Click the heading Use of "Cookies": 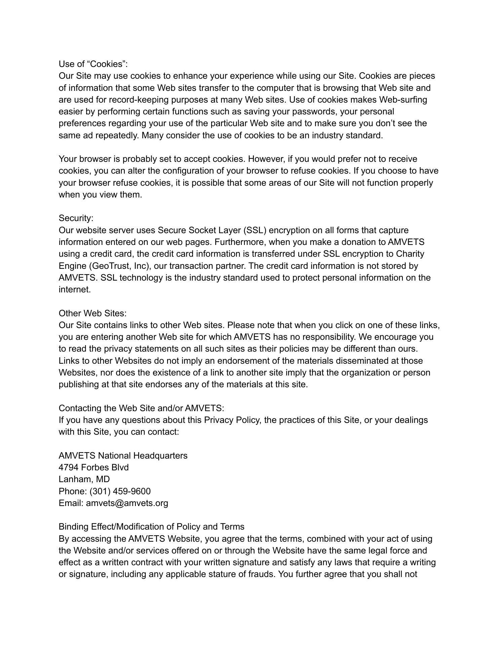click(93, 64)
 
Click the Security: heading click(76, 218)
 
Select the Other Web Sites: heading click(92, 313)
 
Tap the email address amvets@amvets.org click(127, 503)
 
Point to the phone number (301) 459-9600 click(120, 491)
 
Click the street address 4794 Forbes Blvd click(93, 467)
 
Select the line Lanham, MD click(84, 479)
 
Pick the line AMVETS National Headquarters click(123, 456)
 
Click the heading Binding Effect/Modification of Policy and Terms click(151, 527)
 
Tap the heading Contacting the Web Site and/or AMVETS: click(141, 408)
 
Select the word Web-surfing click(403, 100)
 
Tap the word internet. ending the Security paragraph click(75, 289)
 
